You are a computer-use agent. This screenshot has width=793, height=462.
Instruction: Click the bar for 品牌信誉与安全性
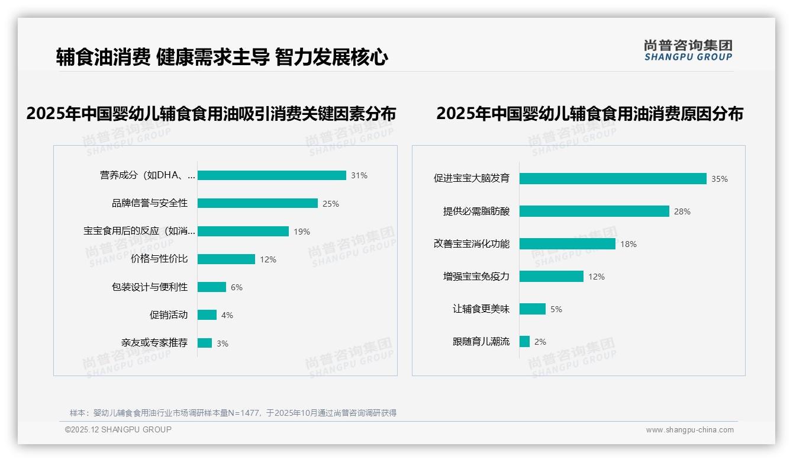click(x=257, y=203)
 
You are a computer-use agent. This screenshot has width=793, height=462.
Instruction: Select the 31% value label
click(x=359, y=175)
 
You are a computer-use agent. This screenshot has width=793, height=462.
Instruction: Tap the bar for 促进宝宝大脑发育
click(x=613, y=178)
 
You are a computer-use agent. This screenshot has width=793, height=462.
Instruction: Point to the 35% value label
click(x=719, y=179)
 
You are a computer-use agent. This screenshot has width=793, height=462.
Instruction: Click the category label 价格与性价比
click(x=159, y=259)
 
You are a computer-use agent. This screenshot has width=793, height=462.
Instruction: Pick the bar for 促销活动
click(x=207, y=315)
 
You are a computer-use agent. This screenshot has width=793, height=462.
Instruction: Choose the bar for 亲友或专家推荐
click(x=205, y=343)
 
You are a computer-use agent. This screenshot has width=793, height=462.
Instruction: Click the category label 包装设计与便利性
click(x=150, y=287)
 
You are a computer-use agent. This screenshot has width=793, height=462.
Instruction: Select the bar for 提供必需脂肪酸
click(x=594, y=211)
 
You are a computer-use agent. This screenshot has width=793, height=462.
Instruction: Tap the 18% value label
click(x=628, y=244)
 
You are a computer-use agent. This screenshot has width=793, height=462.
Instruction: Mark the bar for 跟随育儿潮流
click(x=524, y=341)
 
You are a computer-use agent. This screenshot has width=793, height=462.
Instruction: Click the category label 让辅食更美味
click(x=481, y=309)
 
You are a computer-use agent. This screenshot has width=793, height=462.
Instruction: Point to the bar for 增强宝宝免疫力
click(x=552, y=276)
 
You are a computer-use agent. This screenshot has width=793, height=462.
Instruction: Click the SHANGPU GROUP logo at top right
click(x=688, y=50)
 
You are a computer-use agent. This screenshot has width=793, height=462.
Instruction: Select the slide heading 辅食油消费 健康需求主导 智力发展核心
click(x=222, y=57)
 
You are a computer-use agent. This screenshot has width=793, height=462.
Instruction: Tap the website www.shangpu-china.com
click(x=689, y=430)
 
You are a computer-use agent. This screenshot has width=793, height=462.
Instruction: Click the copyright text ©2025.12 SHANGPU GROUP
click(x=118, y=429)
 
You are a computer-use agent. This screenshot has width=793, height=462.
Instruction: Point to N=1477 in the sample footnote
click(x=244, y=413)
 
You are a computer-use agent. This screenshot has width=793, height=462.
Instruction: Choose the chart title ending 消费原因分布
click(x=589, y=113)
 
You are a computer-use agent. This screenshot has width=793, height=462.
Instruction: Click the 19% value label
click(x=302, y=232)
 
